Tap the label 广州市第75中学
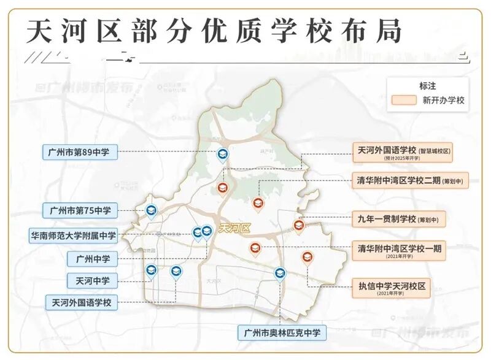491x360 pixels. click(79, 210)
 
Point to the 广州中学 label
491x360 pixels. click(93, 259)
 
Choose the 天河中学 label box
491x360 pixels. click(93, 281)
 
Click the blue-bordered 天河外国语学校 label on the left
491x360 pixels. click(82, 302)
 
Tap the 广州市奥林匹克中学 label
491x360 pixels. click(282, 333)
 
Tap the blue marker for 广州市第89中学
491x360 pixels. click(223, 156)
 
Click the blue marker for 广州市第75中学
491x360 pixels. click(151, 211)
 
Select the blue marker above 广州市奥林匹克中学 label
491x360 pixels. click(279, 274)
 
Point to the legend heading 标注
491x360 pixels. click(428, 86)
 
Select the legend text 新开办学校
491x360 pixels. click(444, 101)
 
